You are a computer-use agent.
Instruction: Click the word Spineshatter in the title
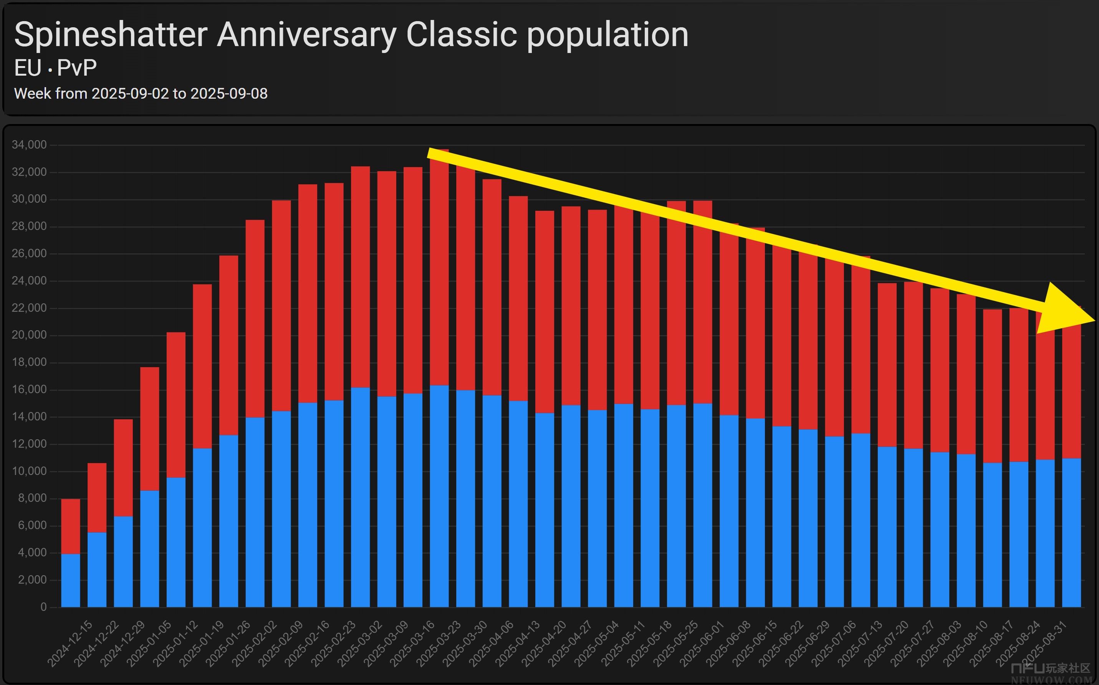point(111,35)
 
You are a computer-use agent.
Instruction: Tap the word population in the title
point(607,35)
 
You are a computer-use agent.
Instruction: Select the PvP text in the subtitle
point(77,68)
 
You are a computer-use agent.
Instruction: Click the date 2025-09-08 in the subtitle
point(229,94)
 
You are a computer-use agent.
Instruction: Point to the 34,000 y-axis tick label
point(29,145)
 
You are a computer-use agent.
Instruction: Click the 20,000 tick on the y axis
point(29,335)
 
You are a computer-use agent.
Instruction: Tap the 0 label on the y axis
point(43,607)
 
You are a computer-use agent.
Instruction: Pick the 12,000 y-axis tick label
point(29,444)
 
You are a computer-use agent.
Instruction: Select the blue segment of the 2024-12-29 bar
point(123,562)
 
